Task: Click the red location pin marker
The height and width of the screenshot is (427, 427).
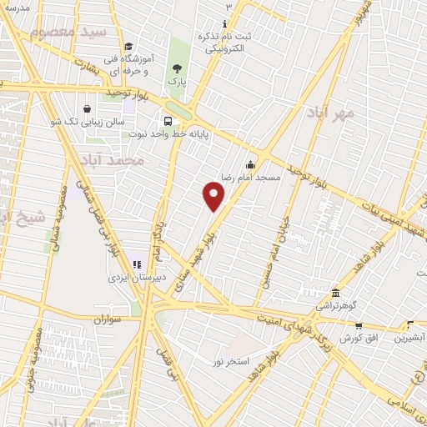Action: (x=214, y=195)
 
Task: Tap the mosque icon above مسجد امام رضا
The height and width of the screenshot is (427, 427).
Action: (x=250, y=164)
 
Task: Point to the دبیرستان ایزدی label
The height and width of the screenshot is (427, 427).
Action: (x=138, y=277)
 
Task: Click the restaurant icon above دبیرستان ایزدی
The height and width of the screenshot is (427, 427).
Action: (x=138, y=264)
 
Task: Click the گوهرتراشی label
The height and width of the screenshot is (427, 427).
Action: (x=336, y=306)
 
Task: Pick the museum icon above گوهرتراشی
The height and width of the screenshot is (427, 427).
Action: (x=335, y=293)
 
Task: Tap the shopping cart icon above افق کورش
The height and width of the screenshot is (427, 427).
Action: (x=359, y=325)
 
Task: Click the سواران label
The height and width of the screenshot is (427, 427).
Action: (x=108, y=319)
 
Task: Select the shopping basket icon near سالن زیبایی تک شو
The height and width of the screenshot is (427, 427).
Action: (x=88, y=108)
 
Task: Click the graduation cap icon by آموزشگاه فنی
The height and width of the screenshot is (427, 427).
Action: (x=128, y=47)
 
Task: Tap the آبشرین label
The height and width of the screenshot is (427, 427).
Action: (x=409, y=338)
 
